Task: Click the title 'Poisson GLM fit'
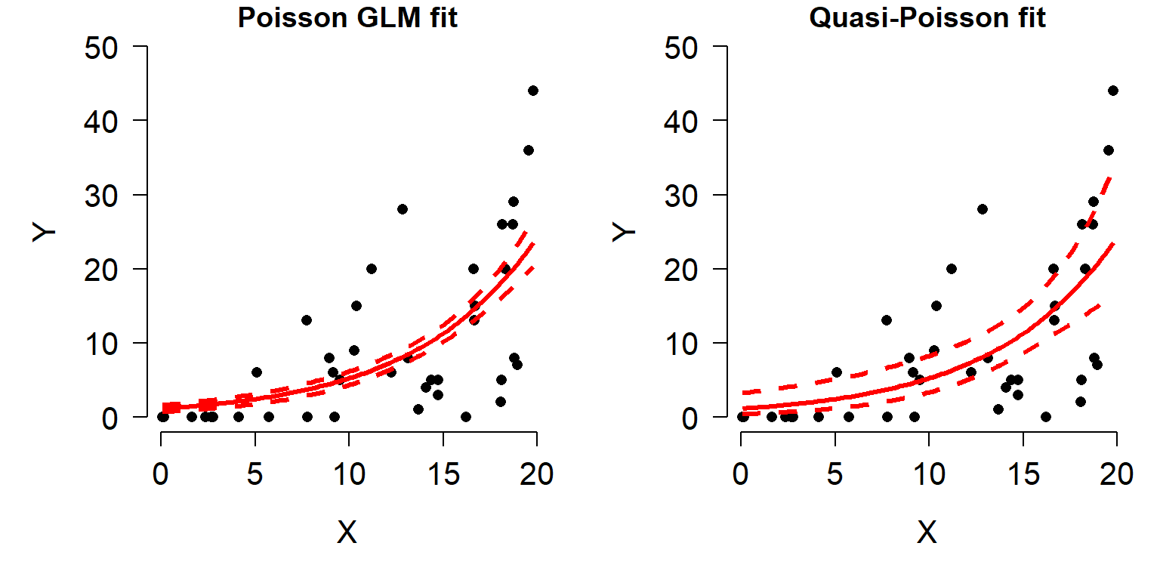(347, 17)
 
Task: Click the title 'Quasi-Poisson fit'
(927, 17)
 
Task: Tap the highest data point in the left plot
(533, 91)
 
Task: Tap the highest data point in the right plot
(1112, 91)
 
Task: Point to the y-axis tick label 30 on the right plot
(683, 196)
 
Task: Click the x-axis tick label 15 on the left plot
(443, 474)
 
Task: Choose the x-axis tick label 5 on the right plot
(835, 474)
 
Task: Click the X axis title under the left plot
(347, 534)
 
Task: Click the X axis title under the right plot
(927, 534)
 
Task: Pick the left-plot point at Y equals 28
(403, 209)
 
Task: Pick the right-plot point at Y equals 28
(982, 209)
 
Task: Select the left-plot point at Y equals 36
(529, 150)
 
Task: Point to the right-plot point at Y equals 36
(1109, 150)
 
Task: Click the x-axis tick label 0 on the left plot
(161, 474)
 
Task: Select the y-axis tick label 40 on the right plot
(683, 122)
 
